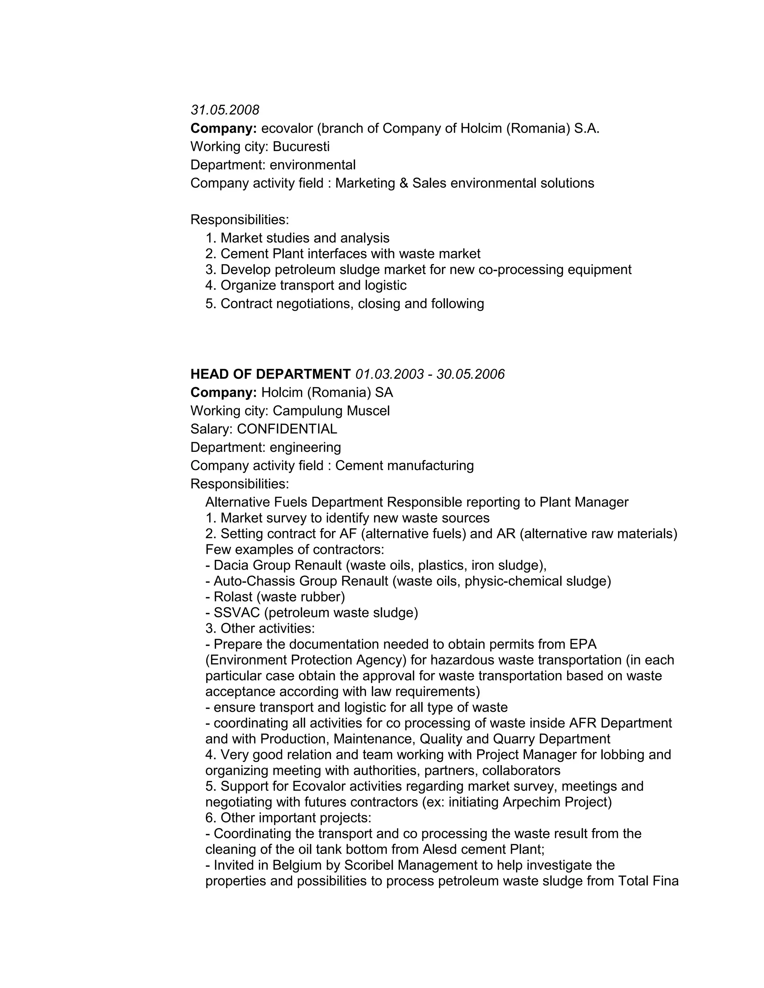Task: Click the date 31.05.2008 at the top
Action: (x=225, y=110)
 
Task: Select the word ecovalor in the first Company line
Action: (x=287, y=129)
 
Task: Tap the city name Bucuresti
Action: (x=301, y=147)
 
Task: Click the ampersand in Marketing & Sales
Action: (x=404, y=183)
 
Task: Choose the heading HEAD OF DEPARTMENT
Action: (x=270, y=374)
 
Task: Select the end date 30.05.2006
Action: (x=470, y=374)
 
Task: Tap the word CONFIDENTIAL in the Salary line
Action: (x=287, y=429)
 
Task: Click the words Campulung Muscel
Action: (x=331, y=411)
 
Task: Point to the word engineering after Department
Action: (x=305, y=447)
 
